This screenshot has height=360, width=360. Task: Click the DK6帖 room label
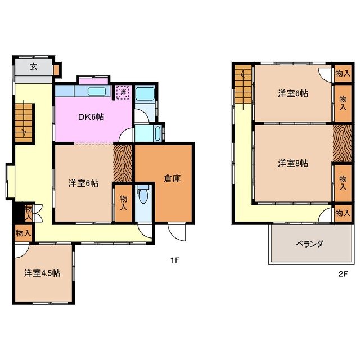pos(91,117)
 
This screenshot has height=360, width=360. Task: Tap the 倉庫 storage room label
pos(172,178)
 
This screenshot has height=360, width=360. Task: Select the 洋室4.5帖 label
pos(42,273)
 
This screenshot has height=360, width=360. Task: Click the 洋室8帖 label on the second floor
pos(292,163)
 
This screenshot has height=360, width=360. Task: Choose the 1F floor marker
pos(175,260)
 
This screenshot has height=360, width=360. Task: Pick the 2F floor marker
pos(343,274)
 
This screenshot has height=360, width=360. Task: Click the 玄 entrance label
pos(33,66)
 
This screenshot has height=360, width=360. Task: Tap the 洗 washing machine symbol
pos(123,92)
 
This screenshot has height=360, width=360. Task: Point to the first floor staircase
pos(24,119)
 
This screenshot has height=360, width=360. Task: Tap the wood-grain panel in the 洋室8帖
pos(342,143)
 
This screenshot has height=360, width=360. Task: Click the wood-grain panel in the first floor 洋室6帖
pos(123,163)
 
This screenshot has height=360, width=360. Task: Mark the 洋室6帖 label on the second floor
pos(292,93)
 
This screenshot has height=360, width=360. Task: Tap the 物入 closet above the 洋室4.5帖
pos(23,232)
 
